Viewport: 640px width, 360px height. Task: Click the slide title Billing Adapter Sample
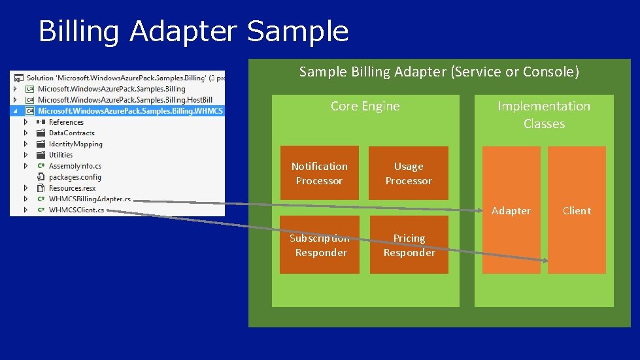[194, 31]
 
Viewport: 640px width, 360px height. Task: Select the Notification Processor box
[319, 173]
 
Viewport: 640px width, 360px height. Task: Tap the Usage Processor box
[409, 173]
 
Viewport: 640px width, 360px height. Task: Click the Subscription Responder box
[320, 245]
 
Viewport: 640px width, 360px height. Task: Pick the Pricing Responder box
[409, 245]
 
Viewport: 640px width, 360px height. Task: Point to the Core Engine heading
[365, 106]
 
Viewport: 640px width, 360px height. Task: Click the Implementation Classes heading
[544, 114]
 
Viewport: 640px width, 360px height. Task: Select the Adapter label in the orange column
[511, 210]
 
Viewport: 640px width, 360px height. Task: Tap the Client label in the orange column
[577, 210]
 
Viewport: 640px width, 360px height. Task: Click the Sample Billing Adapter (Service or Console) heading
[439, 72]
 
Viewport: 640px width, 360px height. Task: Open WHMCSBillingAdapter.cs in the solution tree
[90, 199]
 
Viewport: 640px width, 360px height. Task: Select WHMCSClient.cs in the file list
[76, 210]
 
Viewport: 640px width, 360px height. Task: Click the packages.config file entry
[75, 176]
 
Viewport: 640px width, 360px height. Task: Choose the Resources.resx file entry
[72, 188]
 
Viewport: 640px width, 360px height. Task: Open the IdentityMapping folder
[75, 144]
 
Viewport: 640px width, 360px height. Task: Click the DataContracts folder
[71, 133]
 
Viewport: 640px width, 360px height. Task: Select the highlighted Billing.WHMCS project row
[129, 110]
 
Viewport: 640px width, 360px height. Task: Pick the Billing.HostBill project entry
[124, 99]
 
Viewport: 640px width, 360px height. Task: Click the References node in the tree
[66, 122]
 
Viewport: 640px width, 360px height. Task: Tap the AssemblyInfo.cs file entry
[75, 166]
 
